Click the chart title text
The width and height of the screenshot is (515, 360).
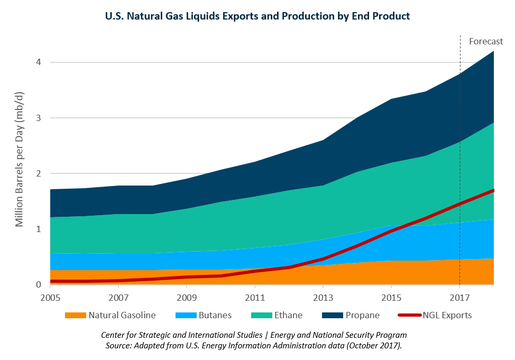click(x=257, y=16)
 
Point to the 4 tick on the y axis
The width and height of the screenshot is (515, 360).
click(x=39, y=62)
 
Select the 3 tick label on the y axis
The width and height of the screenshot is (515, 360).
click(x=39, y=118)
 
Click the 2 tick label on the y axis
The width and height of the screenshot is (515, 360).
click(x=39, y=173)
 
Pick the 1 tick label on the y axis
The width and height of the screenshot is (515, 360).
click(x=39, y=229)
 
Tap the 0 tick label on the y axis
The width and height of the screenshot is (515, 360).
click(x=39, y=284)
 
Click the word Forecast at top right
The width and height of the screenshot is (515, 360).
click(x=486, y=41)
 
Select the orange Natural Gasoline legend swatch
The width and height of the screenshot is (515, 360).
click(x=75, y=316)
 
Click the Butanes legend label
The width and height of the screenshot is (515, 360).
click(x=215, y=316)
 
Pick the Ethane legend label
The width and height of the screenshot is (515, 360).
click(x=288, y=316)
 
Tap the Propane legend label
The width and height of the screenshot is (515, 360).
click(x=362, y=316)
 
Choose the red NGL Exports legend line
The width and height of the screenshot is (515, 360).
click(x=408, y=316)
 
